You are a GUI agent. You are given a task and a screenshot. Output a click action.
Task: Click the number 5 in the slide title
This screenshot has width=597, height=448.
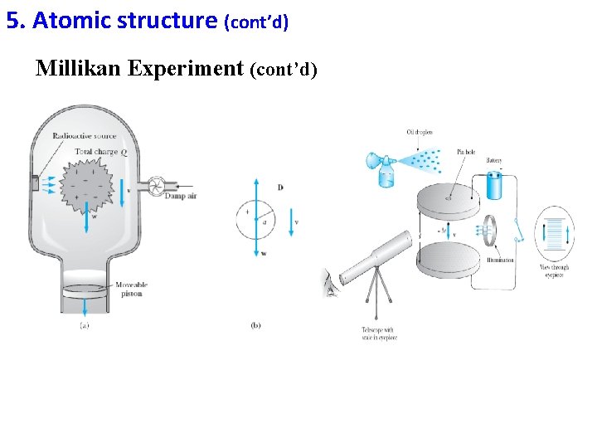(12, 20)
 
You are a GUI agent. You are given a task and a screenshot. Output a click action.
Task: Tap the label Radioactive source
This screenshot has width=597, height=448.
(84, 136)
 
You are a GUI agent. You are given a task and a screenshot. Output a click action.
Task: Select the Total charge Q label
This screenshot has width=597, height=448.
(100, 152)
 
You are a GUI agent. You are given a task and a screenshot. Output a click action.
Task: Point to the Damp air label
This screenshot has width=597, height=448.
(180, 196)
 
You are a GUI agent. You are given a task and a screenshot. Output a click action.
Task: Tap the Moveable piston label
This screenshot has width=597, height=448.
(131, 288)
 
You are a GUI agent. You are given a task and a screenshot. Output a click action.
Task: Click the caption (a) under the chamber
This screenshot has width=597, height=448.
(85, 325)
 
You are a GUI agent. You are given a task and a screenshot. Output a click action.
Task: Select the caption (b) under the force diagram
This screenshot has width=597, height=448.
(255, 325)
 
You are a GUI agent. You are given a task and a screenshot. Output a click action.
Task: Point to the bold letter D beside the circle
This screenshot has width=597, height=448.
(280, 187)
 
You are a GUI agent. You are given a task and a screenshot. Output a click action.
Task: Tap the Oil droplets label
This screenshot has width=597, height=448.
(419, 132)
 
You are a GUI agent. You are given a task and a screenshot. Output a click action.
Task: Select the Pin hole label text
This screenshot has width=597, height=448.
(466, 152)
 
